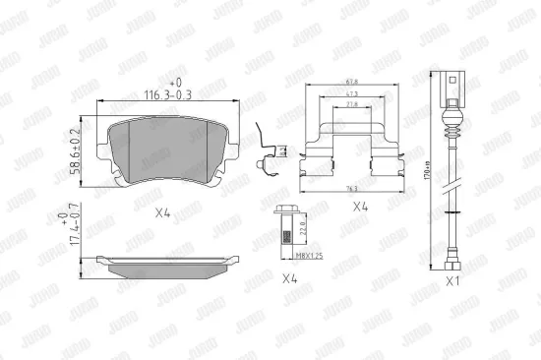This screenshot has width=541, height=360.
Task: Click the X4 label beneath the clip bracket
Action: click(x=360, y=209)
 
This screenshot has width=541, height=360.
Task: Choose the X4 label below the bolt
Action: click(x=290, y=277)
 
